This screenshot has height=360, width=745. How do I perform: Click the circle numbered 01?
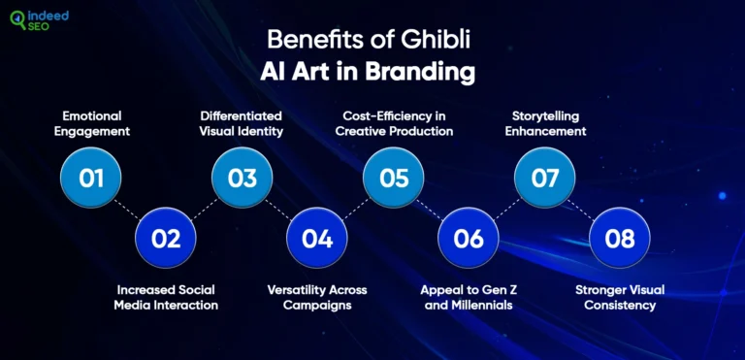pos(90,179)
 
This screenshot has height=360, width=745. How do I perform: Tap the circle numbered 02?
pos(166,238)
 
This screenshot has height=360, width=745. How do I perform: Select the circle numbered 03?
pos(243,179)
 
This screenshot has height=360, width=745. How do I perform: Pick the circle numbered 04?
pos(317,238)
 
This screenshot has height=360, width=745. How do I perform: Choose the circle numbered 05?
pos(394,179)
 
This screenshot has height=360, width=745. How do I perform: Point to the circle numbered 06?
pos(469,238)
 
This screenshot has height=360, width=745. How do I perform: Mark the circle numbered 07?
pos(544,179)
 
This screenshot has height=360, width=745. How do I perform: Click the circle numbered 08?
pos(620,238)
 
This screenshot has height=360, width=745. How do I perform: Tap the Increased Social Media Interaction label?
pos(167,297)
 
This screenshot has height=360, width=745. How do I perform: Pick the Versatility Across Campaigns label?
pos(317,297)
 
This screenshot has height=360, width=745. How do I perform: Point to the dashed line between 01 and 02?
pos(128,209)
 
